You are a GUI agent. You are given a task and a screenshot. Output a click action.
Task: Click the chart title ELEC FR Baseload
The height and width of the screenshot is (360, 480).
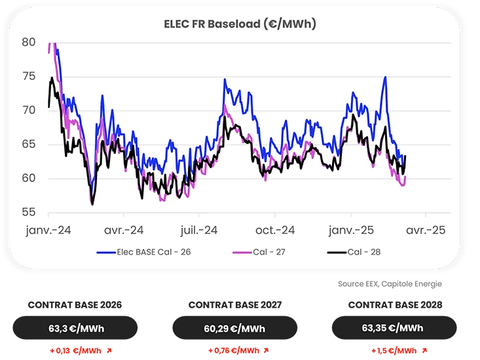point(240,24)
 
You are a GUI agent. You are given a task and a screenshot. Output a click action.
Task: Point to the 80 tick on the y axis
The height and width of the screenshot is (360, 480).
point(29,42)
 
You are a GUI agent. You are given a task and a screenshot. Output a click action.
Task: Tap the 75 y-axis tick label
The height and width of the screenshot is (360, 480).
point(29,76)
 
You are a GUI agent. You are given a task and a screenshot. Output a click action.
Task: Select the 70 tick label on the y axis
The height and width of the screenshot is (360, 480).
point(29,110)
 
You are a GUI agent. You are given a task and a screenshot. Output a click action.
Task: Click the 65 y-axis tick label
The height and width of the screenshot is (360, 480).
point(29,144)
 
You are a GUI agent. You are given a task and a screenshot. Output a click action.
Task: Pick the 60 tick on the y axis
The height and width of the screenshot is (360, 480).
point(29,178)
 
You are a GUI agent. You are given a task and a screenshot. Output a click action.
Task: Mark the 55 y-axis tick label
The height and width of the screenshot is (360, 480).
point(29,212)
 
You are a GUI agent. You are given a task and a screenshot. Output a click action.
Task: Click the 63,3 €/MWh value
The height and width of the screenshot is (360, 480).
point(77,329)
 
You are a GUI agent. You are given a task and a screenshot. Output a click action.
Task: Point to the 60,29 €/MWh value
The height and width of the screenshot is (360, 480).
point(234,329)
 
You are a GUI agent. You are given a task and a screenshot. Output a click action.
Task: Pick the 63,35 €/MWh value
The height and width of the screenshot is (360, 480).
point(392,329)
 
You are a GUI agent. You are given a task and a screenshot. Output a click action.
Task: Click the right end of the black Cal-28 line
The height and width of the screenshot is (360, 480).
point(406,156)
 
